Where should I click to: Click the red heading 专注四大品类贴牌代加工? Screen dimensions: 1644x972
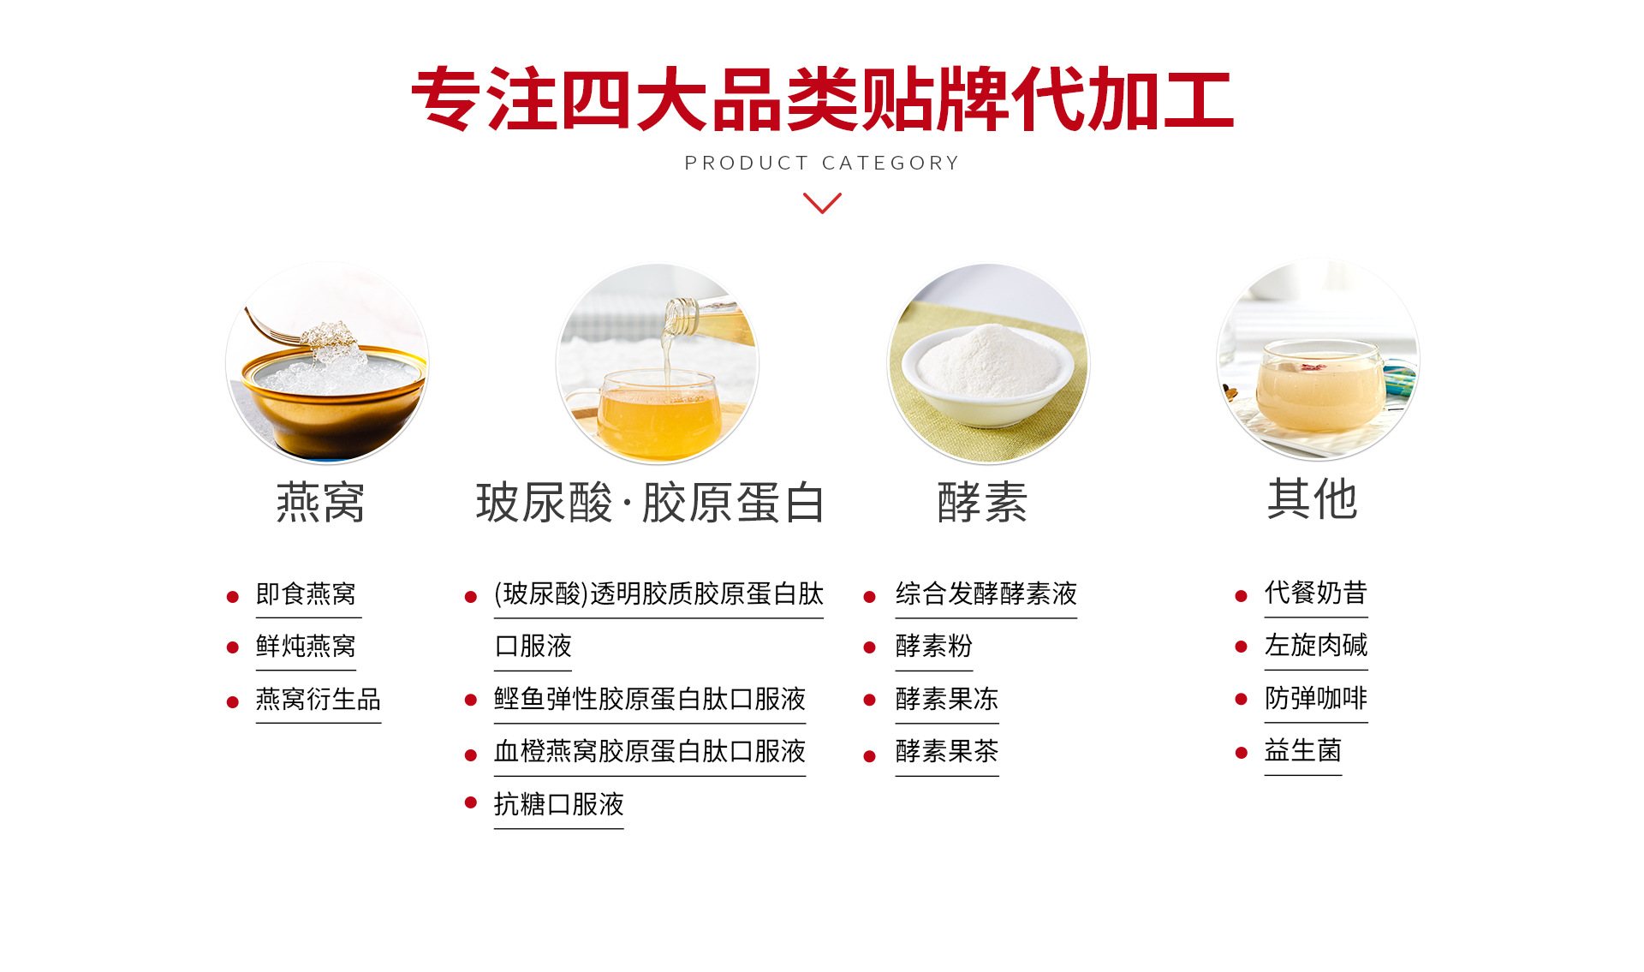tap(822, 99)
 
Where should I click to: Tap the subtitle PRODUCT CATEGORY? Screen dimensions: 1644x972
tap(822, 163)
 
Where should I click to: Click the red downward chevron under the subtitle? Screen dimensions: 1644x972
tap(822, 203)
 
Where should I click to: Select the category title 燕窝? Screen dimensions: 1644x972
tap(320, 502)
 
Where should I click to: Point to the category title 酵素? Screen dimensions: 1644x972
tap(982, 502)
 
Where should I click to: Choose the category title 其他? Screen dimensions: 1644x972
tap(1313, 498)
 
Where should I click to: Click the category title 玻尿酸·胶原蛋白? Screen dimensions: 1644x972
tap(651, 502)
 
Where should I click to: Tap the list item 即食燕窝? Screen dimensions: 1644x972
tap(306, 593)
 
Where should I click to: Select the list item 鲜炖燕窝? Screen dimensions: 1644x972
tap(306, 646)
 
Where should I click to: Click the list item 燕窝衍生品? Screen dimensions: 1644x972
tap(319, 699)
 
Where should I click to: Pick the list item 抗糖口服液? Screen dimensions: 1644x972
tap(559, 804)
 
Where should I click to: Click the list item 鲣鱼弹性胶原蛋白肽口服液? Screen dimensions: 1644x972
tap(650, 699)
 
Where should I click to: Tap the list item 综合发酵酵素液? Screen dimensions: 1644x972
tap(986, 593)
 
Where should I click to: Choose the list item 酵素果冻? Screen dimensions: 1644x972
tap(947, 699)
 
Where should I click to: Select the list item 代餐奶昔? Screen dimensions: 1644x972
tap(1316, 593)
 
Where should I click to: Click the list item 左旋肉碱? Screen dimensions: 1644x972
tap(1316, 645)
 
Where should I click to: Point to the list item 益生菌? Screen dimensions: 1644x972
tap(1303, 750)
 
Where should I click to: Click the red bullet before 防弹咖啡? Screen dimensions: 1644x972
tap(1241, 700)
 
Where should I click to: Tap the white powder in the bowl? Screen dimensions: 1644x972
tap(990, 361)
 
